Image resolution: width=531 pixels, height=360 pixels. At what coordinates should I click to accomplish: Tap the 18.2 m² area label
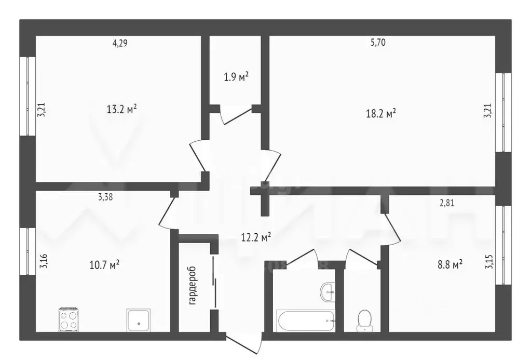pos(381,113)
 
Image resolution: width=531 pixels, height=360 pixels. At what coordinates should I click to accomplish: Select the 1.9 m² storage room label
pos(236,78)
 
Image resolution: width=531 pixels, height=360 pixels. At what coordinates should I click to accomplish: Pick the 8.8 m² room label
pos(450,265)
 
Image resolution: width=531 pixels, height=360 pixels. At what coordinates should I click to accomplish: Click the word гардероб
pos(192,285)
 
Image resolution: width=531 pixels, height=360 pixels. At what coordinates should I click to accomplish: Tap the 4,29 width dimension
pos(120,44)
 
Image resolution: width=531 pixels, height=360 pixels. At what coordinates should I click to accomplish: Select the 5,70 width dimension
pos(378,43)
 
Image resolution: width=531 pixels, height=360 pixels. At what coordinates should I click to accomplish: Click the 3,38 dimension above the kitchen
pos(105,197)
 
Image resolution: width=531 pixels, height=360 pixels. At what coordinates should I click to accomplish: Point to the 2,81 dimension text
pos(447,204)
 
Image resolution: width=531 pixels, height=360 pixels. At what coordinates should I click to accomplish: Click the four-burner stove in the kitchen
pos(69,319)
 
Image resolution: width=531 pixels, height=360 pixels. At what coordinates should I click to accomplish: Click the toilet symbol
pos(364,319)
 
